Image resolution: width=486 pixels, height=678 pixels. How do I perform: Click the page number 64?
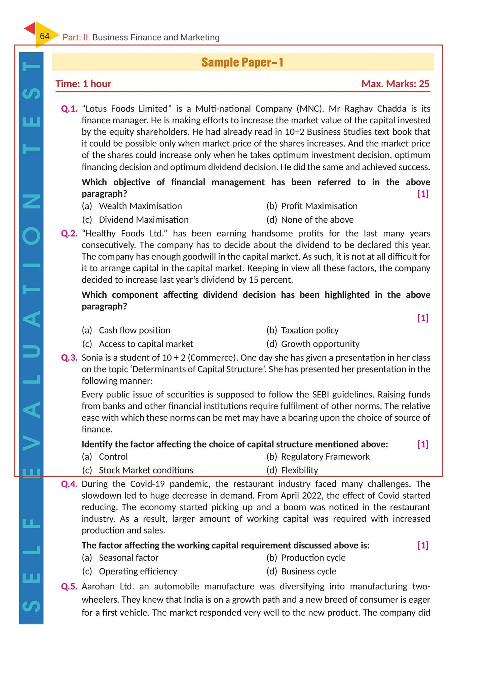[44, 36]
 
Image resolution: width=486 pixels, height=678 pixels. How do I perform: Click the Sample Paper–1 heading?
[242, 62]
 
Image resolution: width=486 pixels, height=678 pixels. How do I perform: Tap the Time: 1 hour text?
[83, 84]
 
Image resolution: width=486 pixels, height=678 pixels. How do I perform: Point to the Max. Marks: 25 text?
[395, 84]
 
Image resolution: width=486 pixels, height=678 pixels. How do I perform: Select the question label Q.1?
[69, 109]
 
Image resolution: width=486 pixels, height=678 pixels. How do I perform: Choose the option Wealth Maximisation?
[140, 206]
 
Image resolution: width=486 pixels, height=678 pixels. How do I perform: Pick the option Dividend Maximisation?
[144, 220]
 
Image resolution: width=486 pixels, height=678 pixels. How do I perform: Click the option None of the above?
[317, 220]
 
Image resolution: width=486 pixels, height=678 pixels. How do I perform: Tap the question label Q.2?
[69, 233]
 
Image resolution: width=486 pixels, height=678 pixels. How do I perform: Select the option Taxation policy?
[310, 330]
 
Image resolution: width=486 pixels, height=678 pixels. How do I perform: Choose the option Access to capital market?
[146, 344]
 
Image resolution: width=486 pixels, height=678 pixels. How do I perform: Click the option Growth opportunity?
[320, 344]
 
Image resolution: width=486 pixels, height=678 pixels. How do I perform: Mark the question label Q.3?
[69, 358]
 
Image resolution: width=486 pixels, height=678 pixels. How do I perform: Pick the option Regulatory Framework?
[325, 457]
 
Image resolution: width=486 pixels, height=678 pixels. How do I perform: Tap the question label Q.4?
[69, 484]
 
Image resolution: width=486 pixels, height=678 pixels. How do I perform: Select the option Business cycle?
[308, 572]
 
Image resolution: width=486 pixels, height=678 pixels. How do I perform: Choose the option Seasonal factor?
[128, 558]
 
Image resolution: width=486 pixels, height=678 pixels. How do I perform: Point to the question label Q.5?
[69, 587]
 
